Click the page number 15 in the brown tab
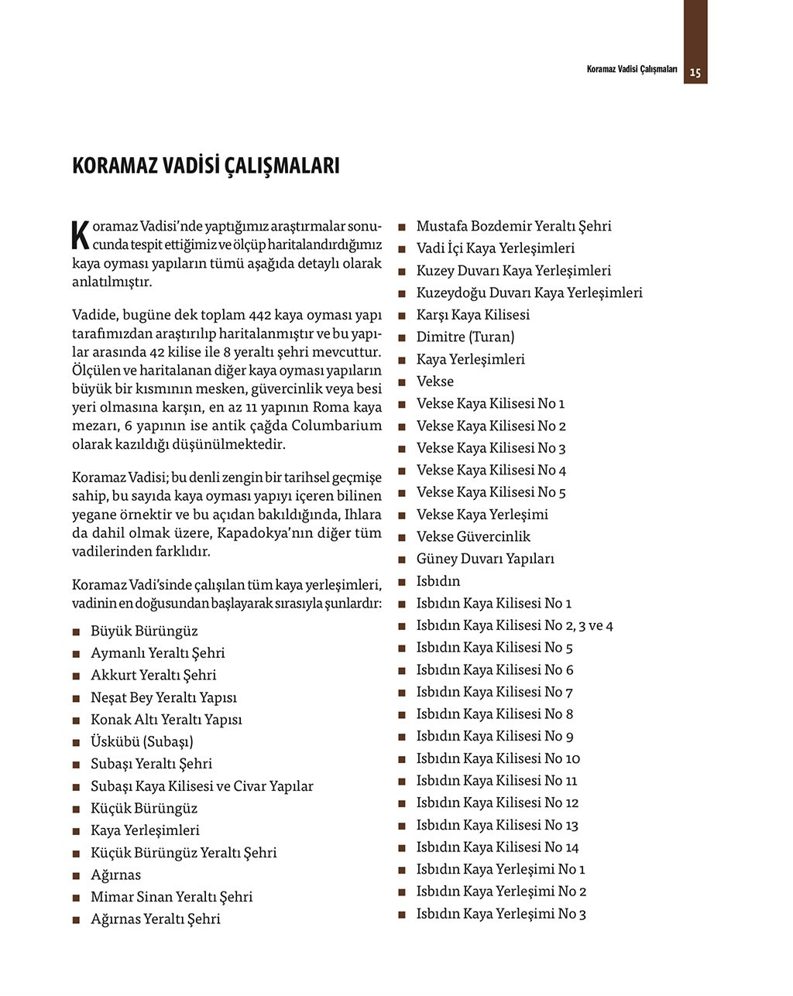pos(695,73)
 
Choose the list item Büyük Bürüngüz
pos(144,631)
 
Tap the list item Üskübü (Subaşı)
pos(142,741)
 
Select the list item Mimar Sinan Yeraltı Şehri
pos(171,897)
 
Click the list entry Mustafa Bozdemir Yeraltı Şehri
pos(513,226)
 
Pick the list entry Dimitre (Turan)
pos(465,337)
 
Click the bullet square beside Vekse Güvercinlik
pos(402,538)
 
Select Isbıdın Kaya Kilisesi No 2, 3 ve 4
pos(514,625)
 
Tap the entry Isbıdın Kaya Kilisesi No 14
pos(497,847)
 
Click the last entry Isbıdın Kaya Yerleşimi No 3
pos(501,914)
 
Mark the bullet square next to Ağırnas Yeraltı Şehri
pos(76,920)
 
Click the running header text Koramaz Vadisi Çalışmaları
pos(632,70)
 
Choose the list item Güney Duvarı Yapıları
pos(485,559)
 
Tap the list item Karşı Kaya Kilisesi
pos(472,315)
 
